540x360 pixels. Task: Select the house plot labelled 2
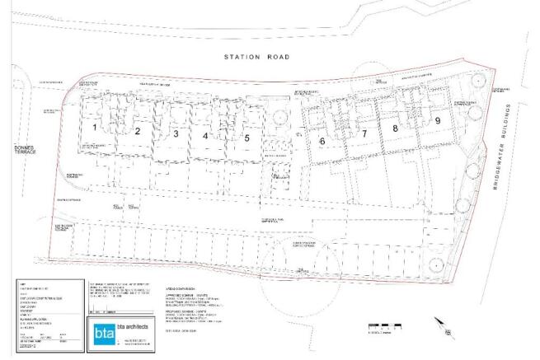(x=138, y=131)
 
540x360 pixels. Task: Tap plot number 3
(x=176, y=133)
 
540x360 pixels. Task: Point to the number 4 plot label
(x=205, y=135)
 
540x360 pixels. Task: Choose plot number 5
(x=246, y=138)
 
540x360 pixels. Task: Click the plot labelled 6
(x=322, y=141)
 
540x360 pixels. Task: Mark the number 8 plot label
(x=396, y=129)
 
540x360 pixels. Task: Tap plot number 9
(x=438, y=120)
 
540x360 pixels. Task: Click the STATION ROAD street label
(x=259, y=57)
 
